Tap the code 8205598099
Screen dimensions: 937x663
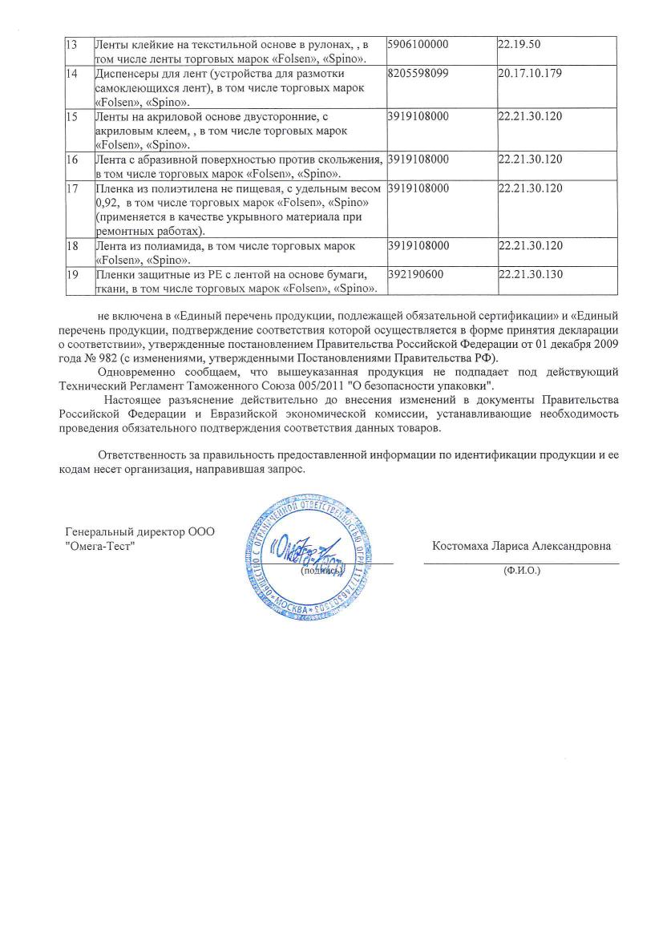click(x=418, y=74)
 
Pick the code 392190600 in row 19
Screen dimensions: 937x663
click(x=414, y=275)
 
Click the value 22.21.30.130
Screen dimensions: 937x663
click(x=530, y=275)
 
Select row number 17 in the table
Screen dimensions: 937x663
click(x=71, y=188)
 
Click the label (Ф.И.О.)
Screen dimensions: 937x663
click(x=522, y=571)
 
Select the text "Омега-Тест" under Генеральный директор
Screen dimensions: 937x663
click(x=99, y=546)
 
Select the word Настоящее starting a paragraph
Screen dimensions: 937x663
click(x=132, y=399)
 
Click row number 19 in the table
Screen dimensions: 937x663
click(x=71, y=275)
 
